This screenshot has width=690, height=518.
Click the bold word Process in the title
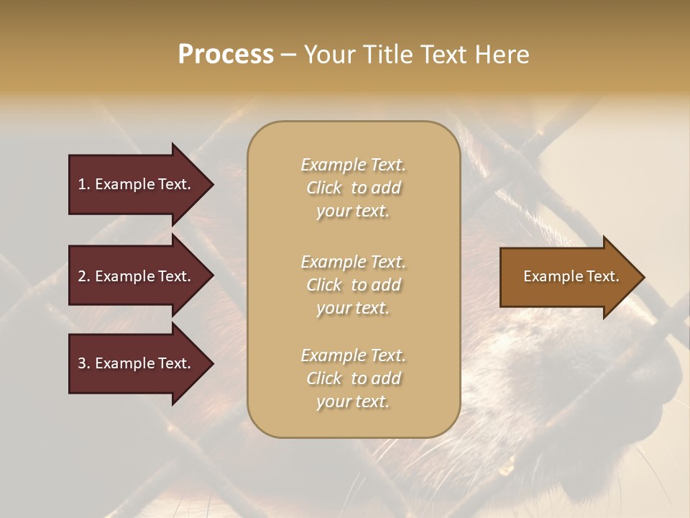(x=226, y=55)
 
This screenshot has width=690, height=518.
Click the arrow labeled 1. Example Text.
(x=137, y=184)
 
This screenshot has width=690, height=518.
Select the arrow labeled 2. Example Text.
(x=137, y=276)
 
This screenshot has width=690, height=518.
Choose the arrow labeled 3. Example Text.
(x=137, y=363)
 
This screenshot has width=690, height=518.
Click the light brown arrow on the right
(x=568, y=277)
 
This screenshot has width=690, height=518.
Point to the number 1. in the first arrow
(x=84, y=184)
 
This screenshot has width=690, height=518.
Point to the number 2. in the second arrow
(x=84, y=276)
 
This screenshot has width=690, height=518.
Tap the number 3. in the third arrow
(x=84, y=363)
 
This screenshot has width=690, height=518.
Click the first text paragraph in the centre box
(x=353, y=188)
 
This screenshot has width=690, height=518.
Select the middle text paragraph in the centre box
(x=353, y=285)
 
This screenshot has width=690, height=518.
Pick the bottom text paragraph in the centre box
(x=353, y=378)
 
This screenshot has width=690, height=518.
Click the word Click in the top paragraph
(x=324, y=188)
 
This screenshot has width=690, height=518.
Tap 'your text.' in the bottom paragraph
(x=353, y=401)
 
